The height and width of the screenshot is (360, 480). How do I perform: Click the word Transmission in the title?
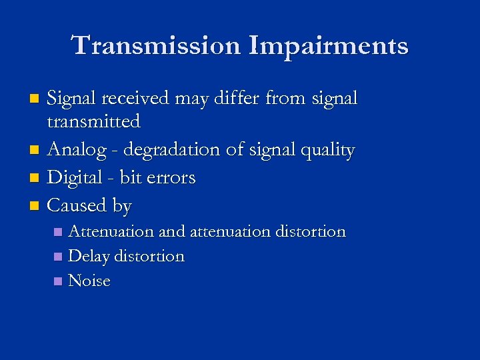(x=156, y=46)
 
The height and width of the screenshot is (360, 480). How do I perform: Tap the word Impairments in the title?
(x=329, y=46)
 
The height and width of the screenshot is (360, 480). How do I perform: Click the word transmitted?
(x=93, y=121)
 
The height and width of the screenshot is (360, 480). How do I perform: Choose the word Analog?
(x=77, y=149)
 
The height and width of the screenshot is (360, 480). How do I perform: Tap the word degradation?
(x=171, y=150)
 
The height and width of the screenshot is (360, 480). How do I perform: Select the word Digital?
(x=75, y=177)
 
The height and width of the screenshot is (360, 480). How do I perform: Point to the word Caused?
(x=77, y=205)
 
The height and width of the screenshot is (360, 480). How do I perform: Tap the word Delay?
(x=89, y=256)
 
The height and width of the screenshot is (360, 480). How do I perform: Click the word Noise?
(x=89, y=281)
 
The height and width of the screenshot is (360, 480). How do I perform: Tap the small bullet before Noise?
(x=59, y=281)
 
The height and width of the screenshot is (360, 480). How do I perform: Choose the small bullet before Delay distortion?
(x=59, y=257)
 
